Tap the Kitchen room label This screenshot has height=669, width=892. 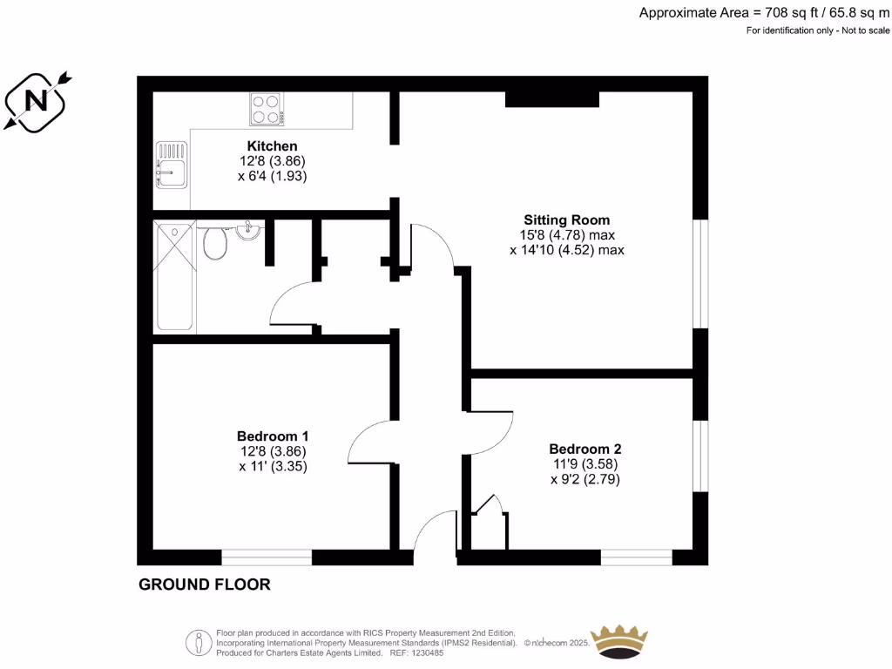point(272,146)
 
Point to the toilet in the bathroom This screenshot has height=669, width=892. point(213,243)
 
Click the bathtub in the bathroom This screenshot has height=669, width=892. point(174,276)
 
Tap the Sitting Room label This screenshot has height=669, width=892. point(566,220)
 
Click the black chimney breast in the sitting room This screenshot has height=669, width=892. point(552,98)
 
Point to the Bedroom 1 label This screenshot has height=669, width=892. point(272,436)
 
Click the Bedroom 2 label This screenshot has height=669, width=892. point(585,449)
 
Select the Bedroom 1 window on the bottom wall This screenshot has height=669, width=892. point(267,557)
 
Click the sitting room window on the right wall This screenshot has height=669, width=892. point(700,273)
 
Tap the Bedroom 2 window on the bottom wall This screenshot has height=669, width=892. point(636,557)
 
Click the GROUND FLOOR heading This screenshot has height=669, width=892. point(205,585)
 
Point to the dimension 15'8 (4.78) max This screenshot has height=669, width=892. point(567,235)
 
